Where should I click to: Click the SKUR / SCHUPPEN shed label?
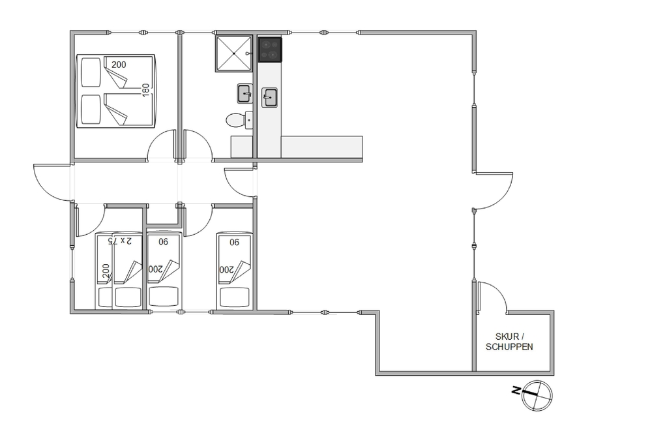pos(509,342)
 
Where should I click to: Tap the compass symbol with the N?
pos(536,395)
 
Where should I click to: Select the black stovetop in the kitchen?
pos(271,50)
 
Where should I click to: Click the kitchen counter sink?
pos(270,98)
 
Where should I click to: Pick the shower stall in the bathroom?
pos(233,53)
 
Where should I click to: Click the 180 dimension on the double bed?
pos(145,90)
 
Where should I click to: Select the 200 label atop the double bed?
pos(119,65)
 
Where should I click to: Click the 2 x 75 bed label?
pos(120,241)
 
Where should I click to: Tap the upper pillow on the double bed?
pos(91,72)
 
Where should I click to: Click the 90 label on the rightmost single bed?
pos(235,241)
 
